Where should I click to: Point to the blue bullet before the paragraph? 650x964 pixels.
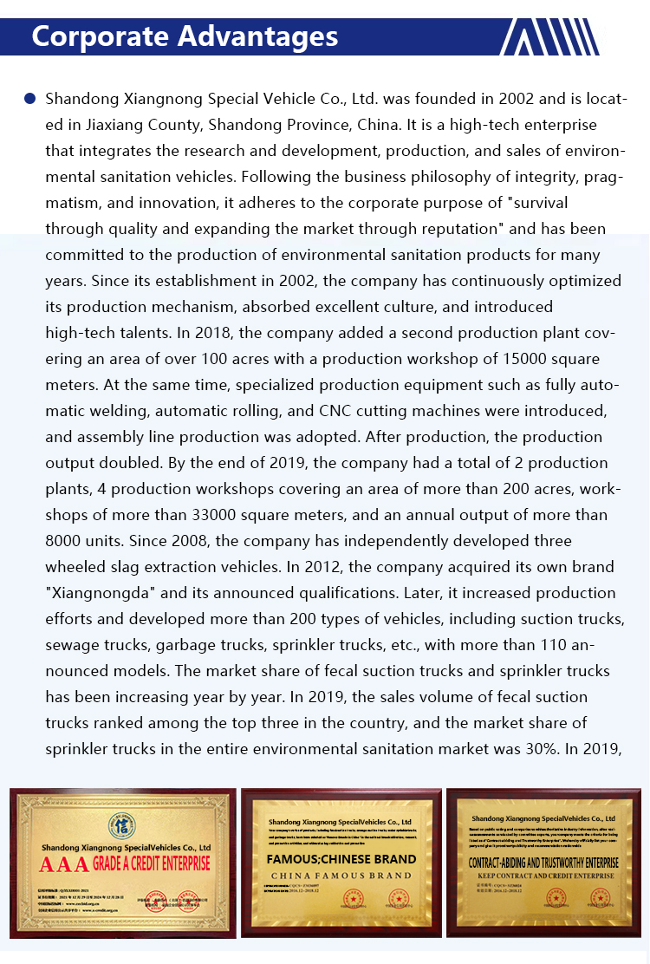tap(30, 99)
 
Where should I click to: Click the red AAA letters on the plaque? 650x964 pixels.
tap(62, 864)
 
